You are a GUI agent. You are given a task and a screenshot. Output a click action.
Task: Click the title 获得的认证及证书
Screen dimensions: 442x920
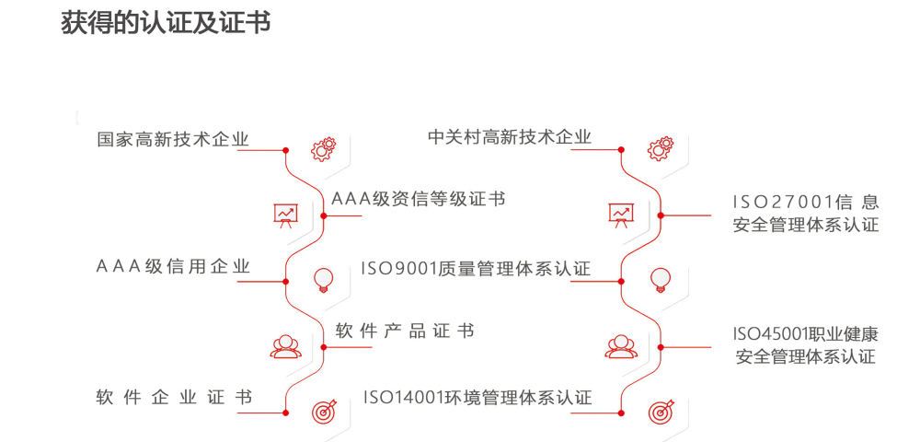point(166,22)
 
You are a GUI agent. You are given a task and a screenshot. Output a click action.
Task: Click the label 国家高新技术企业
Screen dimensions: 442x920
point(173,140)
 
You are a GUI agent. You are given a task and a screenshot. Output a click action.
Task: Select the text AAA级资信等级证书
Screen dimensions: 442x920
point(419,199)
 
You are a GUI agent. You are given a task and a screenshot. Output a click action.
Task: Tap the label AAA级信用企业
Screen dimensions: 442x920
point(173,267)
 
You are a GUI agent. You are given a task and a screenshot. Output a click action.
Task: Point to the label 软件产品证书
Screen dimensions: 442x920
point(405,331)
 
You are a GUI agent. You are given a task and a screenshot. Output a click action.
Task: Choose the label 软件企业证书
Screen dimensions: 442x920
point(173,398)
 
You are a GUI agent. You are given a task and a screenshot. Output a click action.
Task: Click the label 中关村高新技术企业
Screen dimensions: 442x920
point(510,137)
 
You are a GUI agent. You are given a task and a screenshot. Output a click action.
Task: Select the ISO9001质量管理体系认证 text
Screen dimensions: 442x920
point(476,269)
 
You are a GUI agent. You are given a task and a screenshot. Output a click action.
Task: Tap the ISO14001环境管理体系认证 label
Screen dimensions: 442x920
point(477,398)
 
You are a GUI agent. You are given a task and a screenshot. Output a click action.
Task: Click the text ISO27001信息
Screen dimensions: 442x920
point(805,202)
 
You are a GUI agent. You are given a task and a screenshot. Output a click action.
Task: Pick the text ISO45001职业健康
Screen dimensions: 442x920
point(805,333)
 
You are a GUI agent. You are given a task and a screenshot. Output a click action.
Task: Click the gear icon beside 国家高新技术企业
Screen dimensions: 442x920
point(323,148)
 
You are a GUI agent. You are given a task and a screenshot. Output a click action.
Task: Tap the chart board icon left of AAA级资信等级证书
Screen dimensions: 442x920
point(285,215)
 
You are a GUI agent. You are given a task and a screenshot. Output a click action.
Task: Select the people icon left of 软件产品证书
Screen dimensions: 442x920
point(285,346)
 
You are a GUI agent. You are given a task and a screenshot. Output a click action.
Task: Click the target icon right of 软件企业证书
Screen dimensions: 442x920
point(323,412)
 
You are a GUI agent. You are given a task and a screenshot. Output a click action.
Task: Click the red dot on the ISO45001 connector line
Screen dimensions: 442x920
point(659,347)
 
